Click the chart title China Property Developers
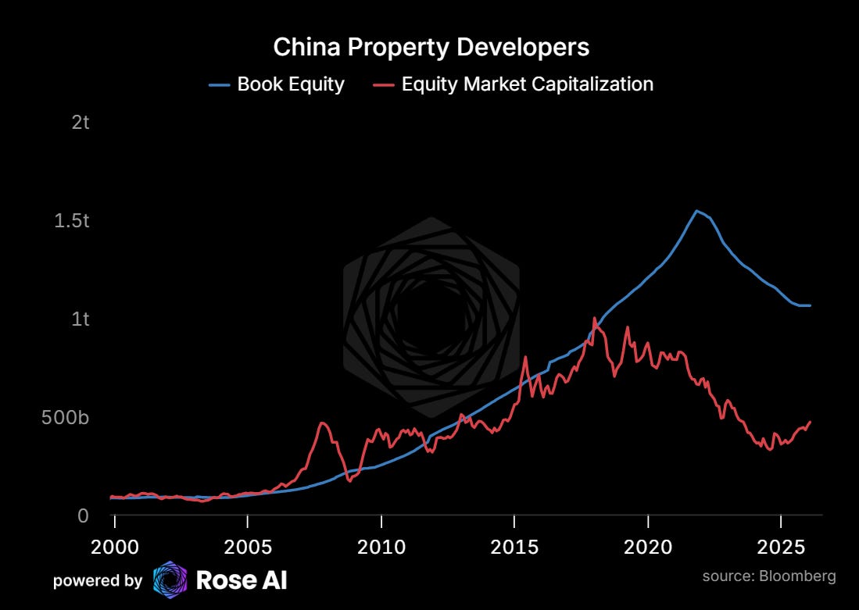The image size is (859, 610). click(x=431, y=48)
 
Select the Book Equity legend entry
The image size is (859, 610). click(x=277, y=84)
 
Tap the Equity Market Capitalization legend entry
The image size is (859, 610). click(x=513, y=84)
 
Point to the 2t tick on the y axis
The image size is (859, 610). click(x=80, y=122)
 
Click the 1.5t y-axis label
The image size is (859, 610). click(x=72, y=220)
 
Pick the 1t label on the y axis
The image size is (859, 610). click(x=80, y=319)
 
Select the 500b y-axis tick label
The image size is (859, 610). click(x=65, y=417)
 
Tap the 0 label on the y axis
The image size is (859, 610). click(x=83, y=515)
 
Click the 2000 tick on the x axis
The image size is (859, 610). click(x=114, y=547)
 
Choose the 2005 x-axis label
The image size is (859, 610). click(x=248, y=547)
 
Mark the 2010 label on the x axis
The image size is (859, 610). click(x=381, y=547)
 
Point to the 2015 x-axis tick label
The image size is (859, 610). click(x=514, y=547)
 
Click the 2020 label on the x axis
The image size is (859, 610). click(x=648, y=547)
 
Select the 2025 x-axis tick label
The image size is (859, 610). click(x=781, y=547)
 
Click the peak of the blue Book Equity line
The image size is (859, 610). click(x=696, y=210)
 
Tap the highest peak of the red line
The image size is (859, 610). click(x=594, y=318)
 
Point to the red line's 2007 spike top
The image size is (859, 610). click(x=323, y=423)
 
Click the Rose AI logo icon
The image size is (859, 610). click(x=170, y=580)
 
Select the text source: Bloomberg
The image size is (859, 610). click(x=769, y=576)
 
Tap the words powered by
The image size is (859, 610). click(x=98, y=580)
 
